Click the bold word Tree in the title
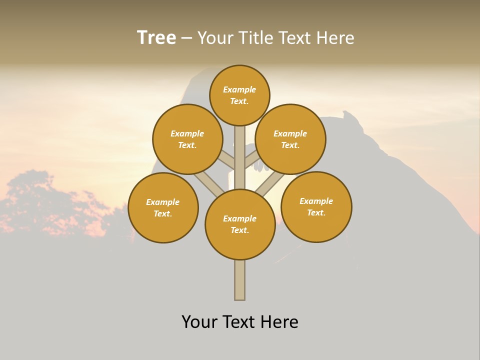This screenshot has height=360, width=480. coord(156,37)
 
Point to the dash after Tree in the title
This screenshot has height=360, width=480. coord(186,38)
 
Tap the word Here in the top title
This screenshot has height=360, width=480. coord(336,37)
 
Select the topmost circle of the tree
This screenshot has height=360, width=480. coord(239,95)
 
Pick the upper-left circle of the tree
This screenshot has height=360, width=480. coord(187,139)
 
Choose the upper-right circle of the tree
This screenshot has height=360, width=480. coord(290,139)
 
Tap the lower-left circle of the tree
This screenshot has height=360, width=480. coord(163,207)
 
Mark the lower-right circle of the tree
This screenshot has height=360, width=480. coord(316,206)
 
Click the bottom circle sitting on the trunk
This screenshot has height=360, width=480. coord(240,224)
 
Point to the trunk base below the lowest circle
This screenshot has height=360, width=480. coord(239,280)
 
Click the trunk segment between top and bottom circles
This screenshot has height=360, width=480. coord(239,157)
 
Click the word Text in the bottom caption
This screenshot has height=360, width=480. coord(240,321)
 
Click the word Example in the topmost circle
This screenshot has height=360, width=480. coord(239,89)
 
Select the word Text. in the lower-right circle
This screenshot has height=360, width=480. coord(316,212)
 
